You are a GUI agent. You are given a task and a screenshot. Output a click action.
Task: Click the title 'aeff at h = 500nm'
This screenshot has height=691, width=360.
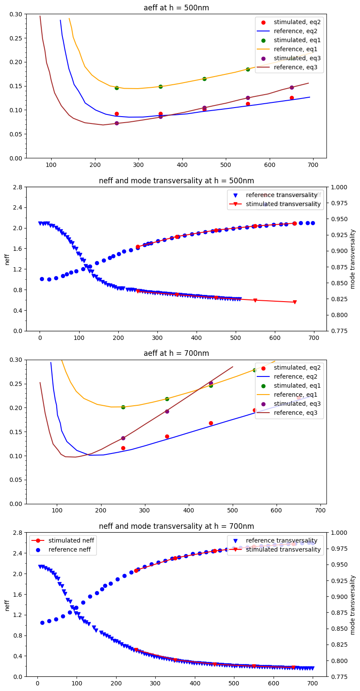coord(176,8)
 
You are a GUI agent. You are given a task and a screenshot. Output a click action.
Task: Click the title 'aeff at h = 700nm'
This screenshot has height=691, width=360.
coord(176,354)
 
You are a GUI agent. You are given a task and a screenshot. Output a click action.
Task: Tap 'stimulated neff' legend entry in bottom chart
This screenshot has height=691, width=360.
coord(71,540)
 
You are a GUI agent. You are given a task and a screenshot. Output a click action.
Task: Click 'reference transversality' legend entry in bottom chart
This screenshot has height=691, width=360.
coord(281,540)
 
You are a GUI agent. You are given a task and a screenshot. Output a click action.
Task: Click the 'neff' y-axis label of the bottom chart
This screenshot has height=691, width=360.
coord(7,605)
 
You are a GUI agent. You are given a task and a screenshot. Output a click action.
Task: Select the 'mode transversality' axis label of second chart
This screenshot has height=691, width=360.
coord(353,259)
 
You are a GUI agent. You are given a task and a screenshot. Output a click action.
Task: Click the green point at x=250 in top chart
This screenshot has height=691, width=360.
coord(117,88)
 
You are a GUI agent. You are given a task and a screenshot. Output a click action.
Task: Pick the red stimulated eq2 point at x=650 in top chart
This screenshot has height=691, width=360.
coord(292,98)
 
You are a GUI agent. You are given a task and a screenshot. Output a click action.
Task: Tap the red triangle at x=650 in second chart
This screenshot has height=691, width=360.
coord(295,302)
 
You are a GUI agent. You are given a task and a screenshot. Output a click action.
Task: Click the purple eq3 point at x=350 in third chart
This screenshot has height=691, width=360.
coord(167,411)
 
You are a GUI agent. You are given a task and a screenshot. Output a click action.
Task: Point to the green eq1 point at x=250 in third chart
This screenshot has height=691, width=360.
coord(123,407)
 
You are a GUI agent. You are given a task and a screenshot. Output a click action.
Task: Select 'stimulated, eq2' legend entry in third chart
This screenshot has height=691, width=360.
coord(297,367)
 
